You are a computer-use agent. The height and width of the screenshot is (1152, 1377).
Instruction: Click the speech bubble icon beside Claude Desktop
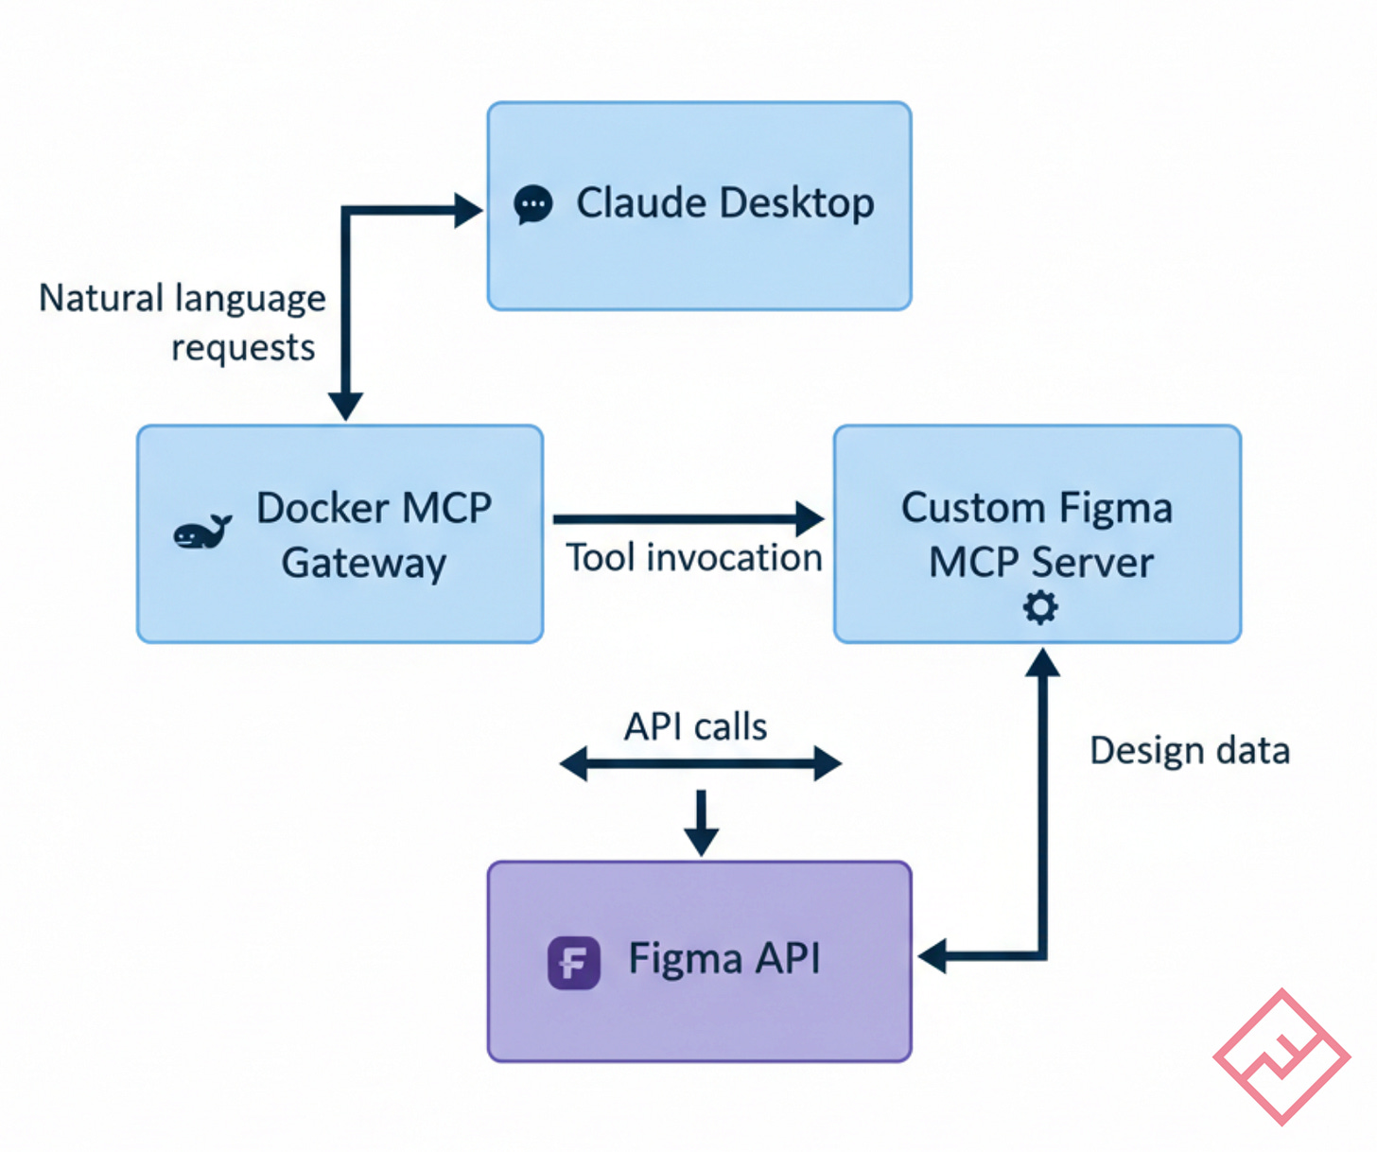point(533,204)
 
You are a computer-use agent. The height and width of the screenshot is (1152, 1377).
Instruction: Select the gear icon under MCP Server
point(1040,607)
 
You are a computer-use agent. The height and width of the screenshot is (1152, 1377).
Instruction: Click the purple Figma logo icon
point(574,963)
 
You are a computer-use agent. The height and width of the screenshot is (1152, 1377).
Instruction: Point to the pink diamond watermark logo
point(1281,1056)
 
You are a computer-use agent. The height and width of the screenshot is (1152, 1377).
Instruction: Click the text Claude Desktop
point(725,203)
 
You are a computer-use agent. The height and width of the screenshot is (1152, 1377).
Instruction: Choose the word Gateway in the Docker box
point(364,563)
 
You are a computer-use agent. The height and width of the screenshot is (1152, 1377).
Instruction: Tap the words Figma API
point(724,959)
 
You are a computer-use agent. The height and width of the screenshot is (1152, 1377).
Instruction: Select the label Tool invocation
point(693,558)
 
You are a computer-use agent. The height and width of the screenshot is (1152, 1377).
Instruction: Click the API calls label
point(695,726)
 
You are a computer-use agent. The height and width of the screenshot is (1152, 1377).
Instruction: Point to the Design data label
point(1190,751)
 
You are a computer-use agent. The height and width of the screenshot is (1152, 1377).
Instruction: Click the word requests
point(243,348)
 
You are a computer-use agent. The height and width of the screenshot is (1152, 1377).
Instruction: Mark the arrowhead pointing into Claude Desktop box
point(468,210)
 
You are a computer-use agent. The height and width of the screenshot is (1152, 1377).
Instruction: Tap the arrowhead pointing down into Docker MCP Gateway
point(345,407)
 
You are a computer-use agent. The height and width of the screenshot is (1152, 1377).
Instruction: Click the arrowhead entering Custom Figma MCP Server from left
point(810,518)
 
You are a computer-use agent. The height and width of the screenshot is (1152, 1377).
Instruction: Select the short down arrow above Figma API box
point(701,823)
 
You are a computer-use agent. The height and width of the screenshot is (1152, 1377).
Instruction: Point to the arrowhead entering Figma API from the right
point(933,956)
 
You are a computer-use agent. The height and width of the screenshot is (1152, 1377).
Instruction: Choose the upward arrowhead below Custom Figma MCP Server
point(1042,662)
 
